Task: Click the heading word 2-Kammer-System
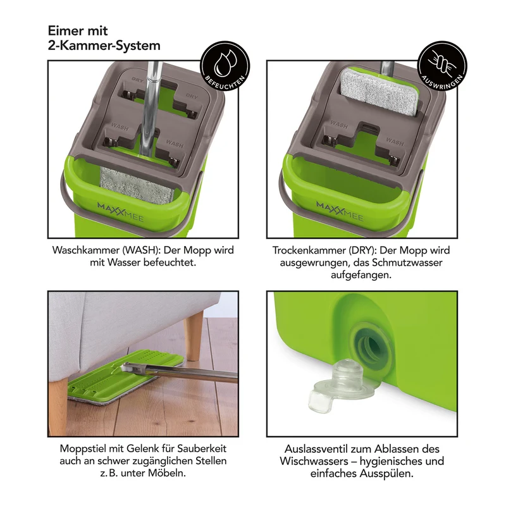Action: (x=104, y=45)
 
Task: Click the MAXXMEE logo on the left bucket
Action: (x=120, y=211)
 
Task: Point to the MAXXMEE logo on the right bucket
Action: (x=340, y=211)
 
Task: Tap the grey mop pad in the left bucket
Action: (x=137, y=185)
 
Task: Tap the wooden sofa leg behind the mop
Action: (x=193, y=336)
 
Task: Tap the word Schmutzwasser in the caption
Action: (x=407, y=262)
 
